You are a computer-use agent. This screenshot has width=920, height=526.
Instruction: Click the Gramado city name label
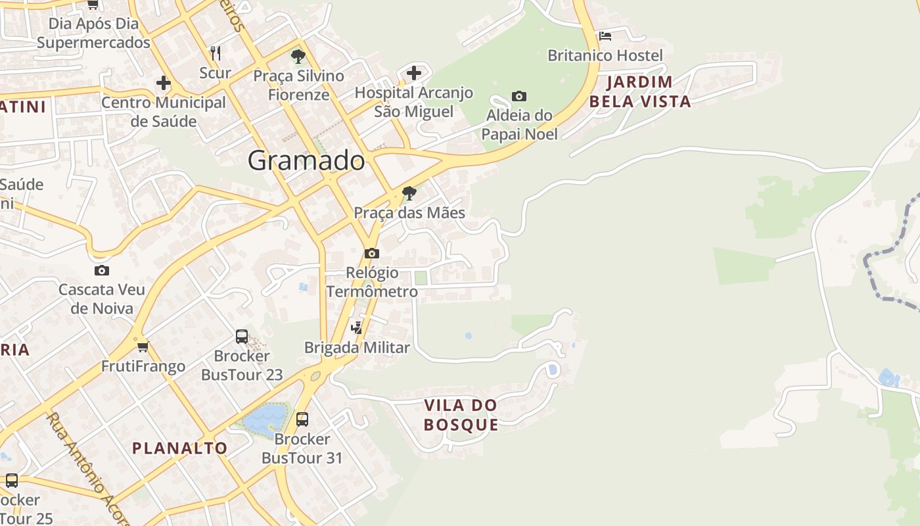306,161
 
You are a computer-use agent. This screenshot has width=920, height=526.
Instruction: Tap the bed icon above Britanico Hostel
605,36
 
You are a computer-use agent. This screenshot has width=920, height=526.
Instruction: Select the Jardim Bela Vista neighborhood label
640,91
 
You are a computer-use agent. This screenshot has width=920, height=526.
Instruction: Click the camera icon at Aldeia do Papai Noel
518,97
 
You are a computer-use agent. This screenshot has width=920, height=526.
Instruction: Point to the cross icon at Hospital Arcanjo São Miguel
413,72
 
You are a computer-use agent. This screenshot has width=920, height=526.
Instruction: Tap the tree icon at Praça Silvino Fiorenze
298,56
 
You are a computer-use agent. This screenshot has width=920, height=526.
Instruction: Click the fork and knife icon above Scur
215,53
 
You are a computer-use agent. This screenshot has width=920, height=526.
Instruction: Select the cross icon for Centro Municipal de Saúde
163,83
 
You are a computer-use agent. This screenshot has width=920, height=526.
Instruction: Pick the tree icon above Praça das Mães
409,193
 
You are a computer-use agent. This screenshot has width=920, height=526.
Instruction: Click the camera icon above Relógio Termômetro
371,253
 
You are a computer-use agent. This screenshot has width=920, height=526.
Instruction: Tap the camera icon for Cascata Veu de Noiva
101,270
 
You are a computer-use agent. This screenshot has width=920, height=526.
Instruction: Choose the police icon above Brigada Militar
357,327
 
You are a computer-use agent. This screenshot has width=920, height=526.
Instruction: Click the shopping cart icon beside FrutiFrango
143,347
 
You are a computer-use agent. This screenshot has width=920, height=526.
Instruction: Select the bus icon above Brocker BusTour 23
242,337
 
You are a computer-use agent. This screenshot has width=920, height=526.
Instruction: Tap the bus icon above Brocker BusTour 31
302,419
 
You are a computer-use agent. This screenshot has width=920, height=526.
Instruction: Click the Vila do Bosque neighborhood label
461,415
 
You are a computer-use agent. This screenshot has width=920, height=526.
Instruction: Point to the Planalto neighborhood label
179,448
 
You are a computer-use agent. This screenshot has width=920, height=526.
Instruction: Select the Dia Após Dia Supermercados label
93,33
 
